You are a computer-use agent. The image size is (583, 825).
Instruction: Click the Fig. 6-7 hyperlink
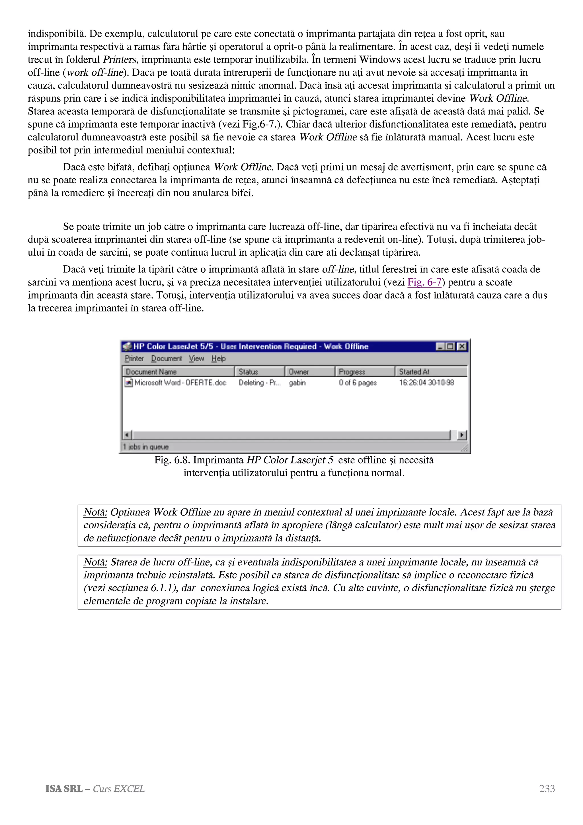click(424, 282)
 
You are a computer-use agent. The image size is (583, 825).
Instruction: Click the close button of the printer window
click(462, 346)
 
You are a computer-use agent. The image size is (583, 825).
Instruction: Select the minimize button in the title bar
click(440, 346)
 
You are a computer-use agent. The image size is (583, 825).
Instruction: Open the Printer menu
click(134, 359)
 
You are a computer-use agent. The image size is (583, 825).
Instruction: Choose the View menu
click(196, 359)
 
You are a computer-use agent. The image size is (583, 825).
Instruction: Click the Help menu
click(218, 359)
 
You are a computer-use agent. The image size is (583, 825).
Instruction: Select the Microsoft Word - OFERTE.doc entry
click(180, 382)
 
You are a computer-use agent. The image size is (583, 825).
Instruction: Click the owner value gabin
click(297, 382)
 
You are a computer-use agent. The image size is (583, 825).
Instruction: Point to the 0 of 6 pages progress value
click(358, 382)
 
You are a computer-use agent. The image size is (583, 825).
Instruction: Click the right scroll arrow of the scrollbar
click(462, 435)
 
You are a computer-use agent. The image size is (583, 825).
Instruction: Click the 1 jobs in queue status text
click(145, 447)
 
